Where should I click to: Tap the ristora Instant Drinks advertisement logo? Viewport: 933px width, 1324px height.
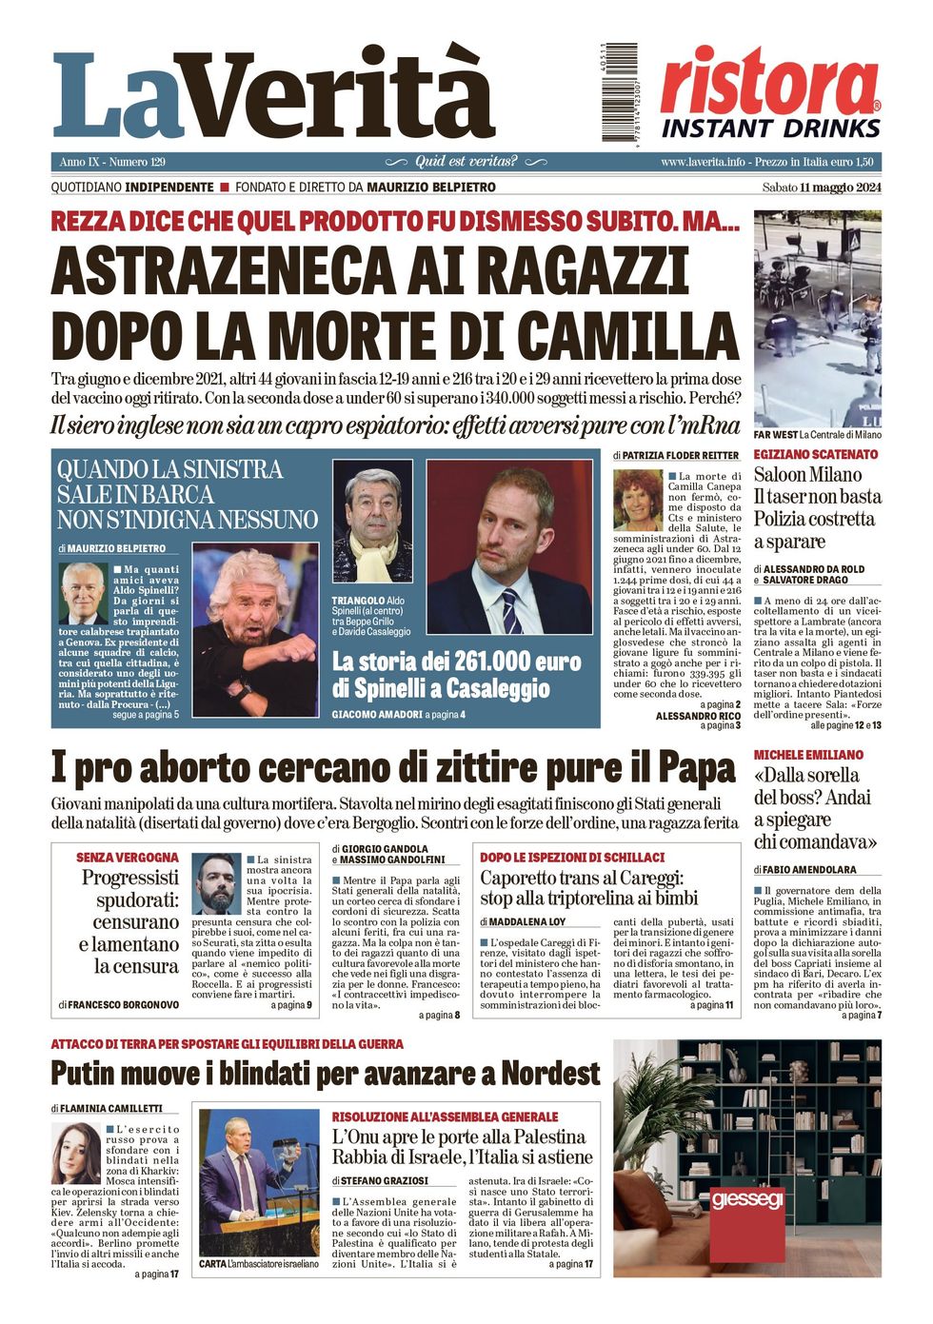(770, 92)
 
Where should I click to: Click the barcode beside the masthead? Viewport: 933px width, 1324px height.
(619, 93)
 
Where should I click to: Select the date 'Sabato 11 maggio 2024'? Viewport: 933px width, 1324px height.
(822, 188)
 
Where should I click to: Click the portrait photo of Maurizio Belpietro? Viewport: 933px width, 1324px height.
(83, 593)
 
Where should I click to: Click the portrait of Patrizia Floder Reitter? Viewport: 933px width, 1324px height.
(637, 501)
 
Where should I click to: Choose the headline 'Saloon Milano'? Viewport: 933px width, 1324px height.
(807, 475)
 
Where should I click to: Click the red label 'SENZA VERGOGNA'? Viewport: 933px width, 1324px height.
(128, 858)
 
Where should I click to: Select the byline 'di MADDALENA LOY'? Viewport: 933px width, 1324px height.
(523, 922)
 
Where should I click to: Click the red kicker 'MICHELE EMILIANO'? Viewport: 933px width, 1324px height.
(808, 755)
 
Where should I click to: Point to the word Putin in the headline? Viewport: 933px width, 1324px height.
(92, 1074)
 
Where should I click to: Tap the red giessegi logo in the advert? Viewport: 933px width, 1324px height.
(747, 1199)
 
